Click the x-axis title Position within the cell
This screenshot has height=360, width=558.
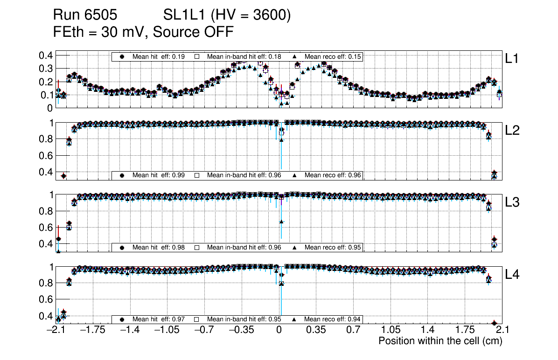click(440, 341)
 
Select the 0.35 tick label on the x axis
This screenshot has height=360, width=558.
click(316, 330)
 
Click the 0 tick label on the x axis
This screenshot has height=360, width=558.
click(279, 330)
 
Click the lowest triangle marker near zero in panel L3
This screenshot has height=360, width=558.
click(281, 222)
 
